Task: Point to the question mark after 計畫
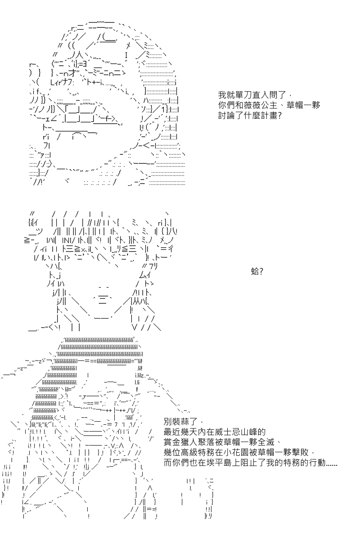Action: click(279, 116)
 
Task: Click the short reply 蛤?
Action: click(257, 272)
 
